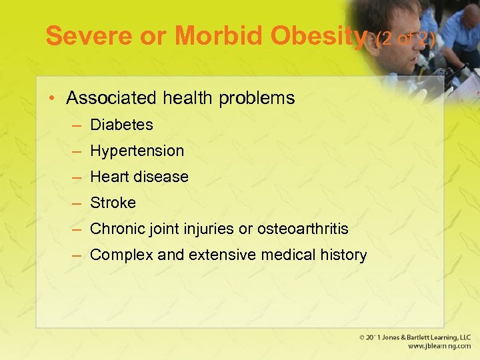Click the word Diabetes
(121, 125)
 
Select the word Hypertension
(137, 151)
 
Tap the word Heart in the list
(109, 177)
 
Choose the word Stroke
(113, 203)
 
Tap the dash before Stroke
(77, 203)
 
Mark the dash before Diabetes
(77, 125)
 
